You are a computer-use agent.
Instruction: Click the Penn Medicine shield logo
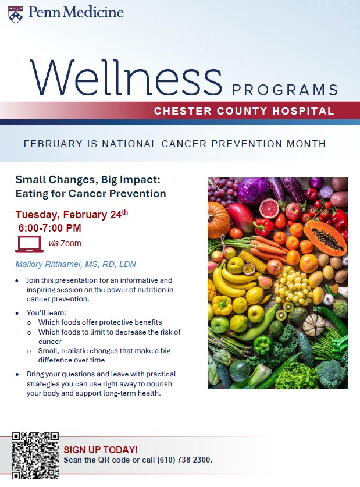coord(16,15)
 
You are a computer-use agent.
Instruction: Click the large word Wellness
coord(126,78)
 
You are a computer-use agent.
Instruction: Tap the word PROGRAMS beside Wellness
coord(285,90)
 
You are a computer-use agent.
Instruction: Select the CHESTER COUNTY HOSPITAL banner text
coord(244,111)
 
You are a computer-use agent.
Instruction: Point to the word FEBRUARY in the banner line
coord(53,144)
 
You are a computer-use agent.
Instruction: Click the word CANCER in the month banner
coord(184,144)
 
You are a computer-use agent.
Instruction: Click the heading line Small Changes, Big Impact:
coord(88,180)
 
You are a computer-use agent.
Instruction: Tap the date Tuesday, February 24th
coord(72,214)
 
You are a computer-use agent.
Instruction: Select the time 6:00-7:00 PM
coord(49,228)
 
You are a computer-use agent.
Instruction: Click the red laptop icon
coord(29,244)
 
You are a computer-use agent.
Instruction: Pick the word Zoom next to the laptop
coord(71,243)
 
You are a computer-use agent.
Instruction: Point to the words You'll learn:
coord(47,313)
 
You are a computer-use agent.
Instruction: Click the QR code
coord(35,456)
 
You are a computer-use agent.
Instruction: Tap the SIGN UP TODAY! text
coord(101,450)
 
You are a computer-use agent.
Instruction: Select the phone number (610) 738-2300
coord(184,460)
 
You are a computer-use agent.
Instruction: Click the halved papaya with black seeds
coord(325,237)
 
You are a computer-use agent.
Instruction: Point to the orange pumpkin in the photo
coord(218,219)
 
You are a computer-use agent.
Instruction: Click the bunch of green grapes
coord(293,286)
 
